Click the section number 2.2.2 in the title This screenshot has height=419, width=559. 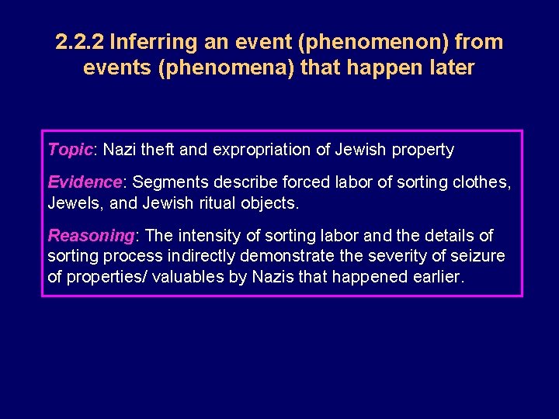click(x=81, y=42)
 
